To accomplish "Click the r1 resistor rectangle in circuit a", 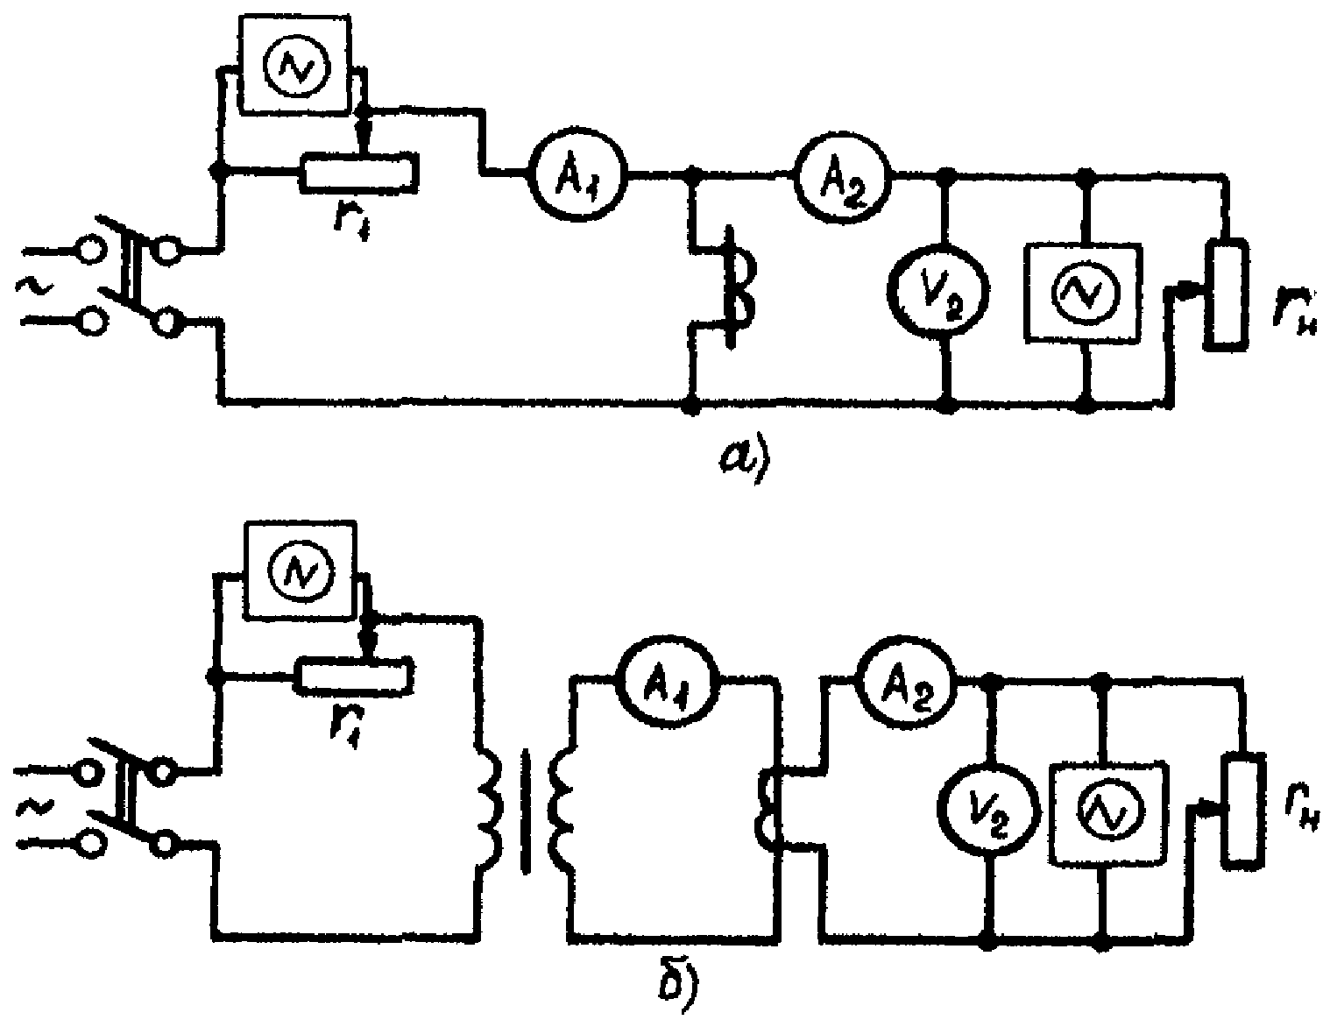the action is tap(360, 173).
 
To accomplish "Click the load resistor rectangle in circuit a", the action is tap(1227, 295).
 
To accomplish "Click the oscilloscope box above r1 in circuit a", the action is tap(295, 64).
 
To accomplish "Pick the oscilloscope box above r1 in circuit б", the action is tap(301, 571).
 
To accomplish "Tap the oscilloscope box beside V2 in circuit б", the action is tap(1107, 813).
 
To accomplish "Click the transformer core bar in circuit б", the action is tap(526, 811).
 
